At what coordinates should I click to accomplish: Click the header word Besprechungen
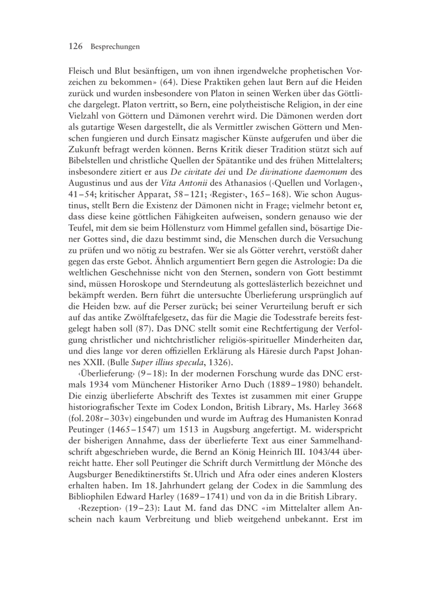114,47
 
